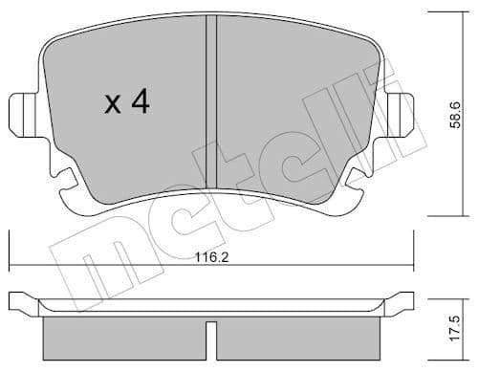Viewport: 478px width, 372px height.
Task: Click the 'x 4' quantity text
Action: coord(126,102)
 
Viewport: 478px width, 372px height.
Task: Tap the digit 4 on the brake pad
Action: coord(140,102)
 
